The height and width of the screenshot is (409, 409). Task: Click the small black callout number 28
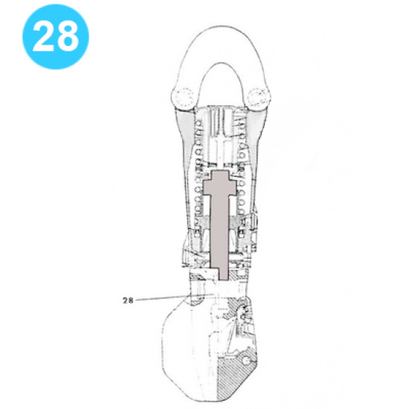click(x=129, y=300)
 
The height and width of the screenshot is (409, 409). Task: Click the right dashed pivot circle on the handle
click(x=260, y=95)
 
